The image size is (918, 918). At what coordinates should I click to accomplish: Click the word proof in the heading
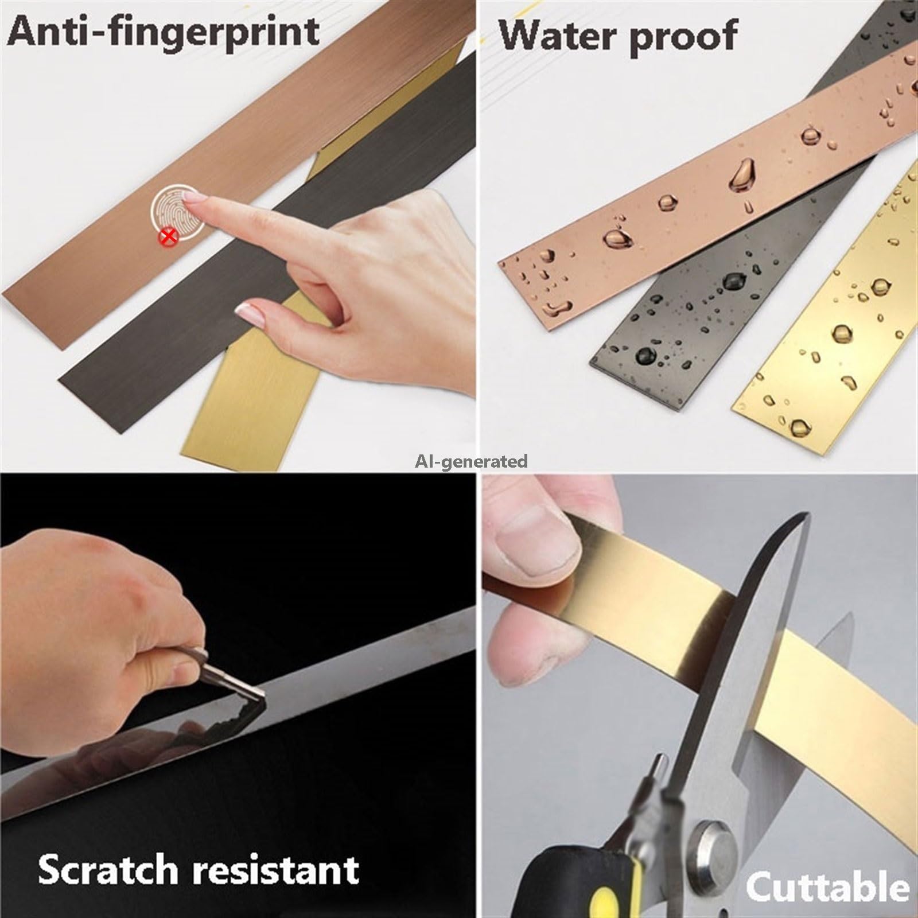click(x=682, y=38)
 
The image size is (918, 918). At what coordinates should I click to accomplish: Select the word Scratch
click(x=108, y=869)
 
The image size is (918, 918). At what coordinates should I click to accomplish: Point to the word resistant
click(x=275, y=869)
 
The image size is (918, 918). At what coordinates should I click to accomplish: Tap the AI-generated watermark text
click(x=472, y=461)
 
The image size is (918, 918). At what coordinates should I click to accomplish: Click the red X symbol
click(x=167, y=236)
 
